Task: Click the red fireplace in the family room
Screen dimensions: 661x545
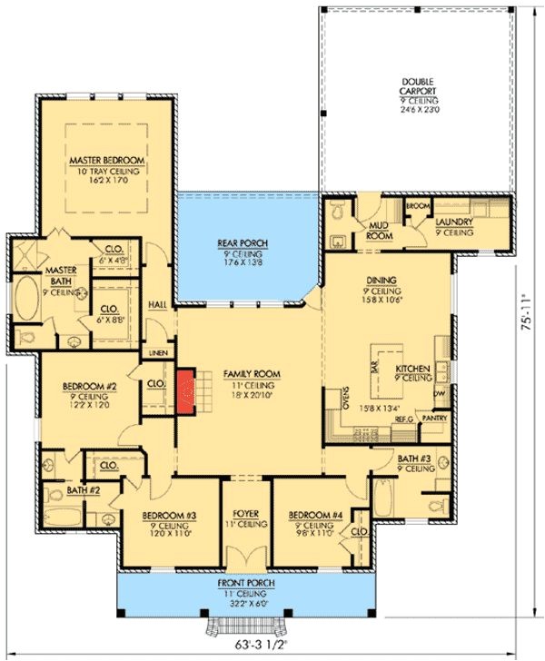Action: click(188, 390)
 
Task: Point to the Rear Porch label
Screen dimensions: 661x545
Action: click(240, 244)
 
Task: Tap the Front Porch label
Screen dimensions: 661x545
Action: click(241, 582)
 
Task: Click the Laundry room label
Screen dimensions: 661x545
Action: click(451, 222)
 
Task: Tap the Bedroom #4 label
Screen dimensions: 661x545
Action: click(315, 515)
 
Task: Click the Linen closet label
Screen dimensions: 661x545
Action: click(157, 351)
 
